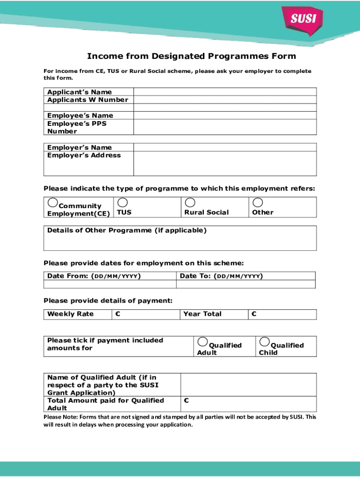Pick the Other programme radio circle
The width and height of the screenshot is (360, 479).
(x=257, y=203)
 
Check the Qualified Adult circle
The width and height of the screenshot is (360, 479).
(x=202, y=341)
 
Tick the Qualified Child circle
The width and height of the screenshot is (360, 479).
(x=265, y=341)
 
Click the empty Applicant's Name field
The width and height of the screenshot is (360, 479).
(x=225, y=92)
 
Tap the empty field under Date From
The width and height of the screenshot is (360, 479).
(x=110, y=284)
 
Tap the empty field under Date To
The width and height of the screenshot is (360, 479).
(x=246, y=284)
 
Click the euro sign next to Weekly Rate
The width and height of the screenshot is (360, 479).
(x=117, y=314)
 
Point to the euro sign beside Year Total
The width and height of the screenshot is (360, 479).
(x=254, y=314)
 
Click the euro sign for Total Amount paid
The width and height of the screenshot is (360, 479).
(x=187, y=400)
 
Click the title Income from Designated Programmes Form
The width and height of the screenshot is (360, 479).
(x=191, y=56)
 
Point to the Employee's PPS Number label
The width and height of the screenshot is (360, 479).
(x=77, y=127)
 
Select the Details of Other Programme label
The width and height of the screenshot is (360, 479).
(x=126, y=230)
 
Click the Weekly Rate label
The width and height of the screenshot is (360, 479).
(x=70, y=314)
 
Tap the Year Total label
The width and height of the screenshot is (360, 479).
(x=202, y=314)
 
